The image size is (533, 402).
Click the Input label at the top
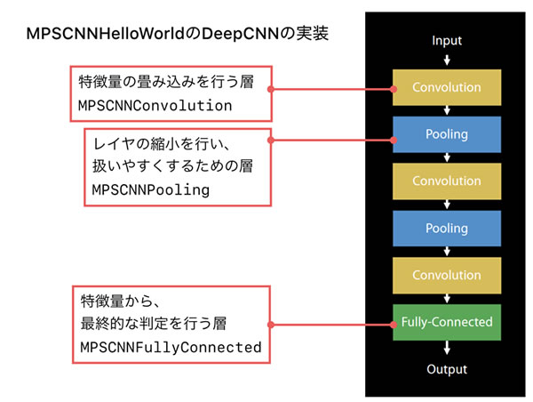[x=447, y=40]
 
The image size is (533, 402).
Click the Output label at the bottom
[x=447, y=368]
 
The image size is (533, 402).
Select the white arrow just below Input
[x=447, y=60]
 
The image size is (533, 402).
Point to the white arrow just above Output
[x=447, y=346]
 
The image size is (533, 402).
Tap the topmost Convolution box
[x=447, y=88]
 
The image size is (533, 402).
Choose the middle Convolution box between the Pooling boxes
[x=447, y=181]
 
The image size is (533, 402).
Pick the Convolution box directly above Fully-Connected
[x=447, y=274]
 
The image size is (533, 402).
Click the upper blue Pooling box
[x=447, y=134]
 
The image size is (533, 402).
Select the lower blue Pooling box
[x=447, y=228]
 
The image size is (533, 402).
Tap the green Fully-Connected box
[x=447, y=320]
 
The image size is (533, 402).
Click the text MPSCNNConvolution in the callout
[x=155, y=106]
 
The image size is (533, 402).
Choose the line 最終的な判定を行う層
[x=155, y=324]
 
